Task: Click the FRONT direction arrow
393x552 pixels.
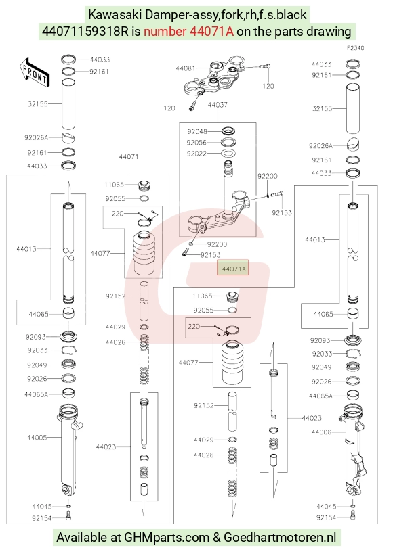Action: coord(35,72)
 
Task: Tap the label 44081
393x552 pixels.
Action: coord(186,68)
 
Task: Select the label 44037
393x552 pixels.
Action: coord(218,105)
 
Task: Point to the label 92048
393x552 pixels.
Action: coord(197,131)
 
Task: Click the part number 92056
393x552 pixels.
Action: coord(196,143)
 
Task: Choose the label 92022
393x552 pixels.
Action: coord(196,154)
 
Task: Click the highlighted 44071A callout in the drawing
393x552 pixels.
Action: coord(234,269)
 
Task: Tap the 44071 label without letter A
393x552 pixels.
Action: coord(129,157)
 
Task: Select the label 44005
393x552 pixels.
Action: coord(37,437)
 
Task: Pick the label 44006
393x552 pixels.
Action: coord(321,432)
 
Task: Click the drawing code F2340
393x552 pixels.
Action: coord(356,48)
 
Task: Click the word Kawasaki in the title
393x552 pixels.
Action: coord(115,15)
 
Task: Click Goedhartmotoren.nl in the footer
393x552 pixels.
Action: coord(280,538)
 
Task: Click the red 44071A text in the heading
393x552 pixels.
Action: coord(188,32)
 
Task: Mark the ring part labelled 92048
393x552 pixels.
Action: coord(228,131)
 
